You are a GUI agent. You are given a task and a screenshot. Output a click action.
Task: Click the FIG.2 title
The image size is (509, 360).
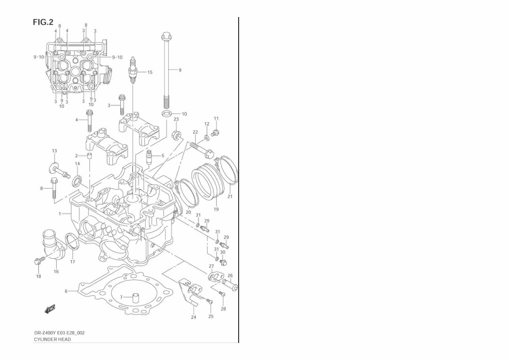pyautogui.click(x=43, y=22)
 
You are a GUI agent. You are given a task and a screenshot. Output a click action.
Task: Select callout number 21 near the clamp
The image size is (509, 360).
pyautogui.click(x=230, y=196)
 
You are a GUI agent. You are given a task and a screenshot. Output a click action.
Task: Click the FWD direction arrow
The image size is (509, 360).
pyautogui.click(x=50, y=309)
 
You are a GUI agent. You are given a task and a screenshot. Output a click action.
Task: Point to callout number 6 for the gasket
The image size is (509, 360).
pyautogui.click(x=66, y=291)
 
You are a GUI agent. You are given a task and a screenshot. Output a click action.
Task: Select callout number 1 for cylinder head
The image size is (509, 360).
pyautogui.click(x=60, y=214)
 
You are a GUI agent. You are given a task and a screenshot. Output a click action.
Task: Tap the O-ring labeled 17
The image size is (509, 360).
pyautogui.click(x=71, y=242)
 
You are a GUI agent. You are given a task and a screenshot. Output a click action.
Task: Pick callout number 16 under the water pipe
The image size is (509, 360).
pyautogui.click(x=56, y=272)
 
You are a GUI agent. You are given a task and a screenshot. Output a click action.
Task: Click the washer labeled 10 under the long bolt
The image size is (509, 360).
pyautogui.click(x=166, y=114)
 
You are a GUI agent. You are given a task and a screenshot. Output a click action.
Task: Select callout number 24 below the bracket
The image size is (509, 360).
pyautogui.click(x=194, y=317)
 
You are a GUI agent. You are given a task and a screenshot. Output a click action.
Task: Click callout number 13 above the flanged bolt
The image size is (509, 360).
pyautogui.click(x=54, y=151)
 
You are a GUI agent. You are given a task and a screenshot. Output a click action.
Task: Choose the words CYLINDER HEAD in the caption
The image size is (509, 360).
pyautogui.click(x=52, y=339)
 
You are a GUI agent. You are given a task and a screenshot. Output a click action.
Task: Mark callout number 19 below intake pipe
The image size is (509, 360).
pyautogui.click(x=217, y=209)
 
